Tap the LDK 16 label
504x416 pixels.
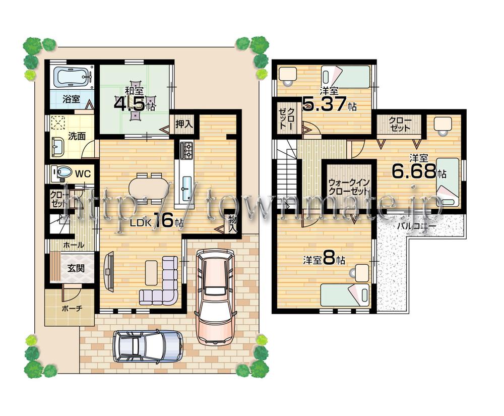tap(157, 221)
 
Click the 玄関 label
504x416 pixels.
tap(76, 268)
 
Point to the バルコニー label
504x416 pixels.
tap(416, 226)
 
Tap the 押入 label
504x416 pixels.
tap(182, 123)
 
